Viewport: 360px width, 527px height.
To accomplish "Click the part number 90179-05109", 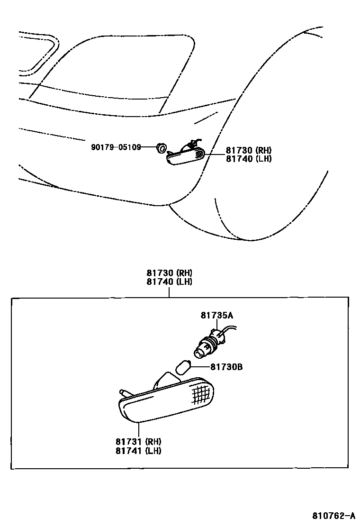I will point(116,147).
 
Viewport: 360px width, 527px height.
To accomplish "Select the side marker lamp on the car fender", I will point(186,156).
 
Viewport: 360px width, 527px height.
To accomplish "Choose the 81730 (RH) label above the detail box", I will point(170,273).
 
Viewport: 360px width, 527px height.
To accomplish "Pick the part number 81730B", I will point(226,367).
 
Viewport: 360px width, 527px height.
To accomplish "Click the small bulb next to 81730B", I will point(183,367).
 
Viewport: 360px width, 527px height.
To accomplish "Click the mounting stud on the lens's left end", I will point(124,393).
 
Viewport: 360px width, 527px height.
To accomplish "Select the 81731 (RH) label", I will point(138,442).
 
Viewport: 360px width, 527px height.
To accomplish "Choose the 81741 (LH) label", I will point(138,451).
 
